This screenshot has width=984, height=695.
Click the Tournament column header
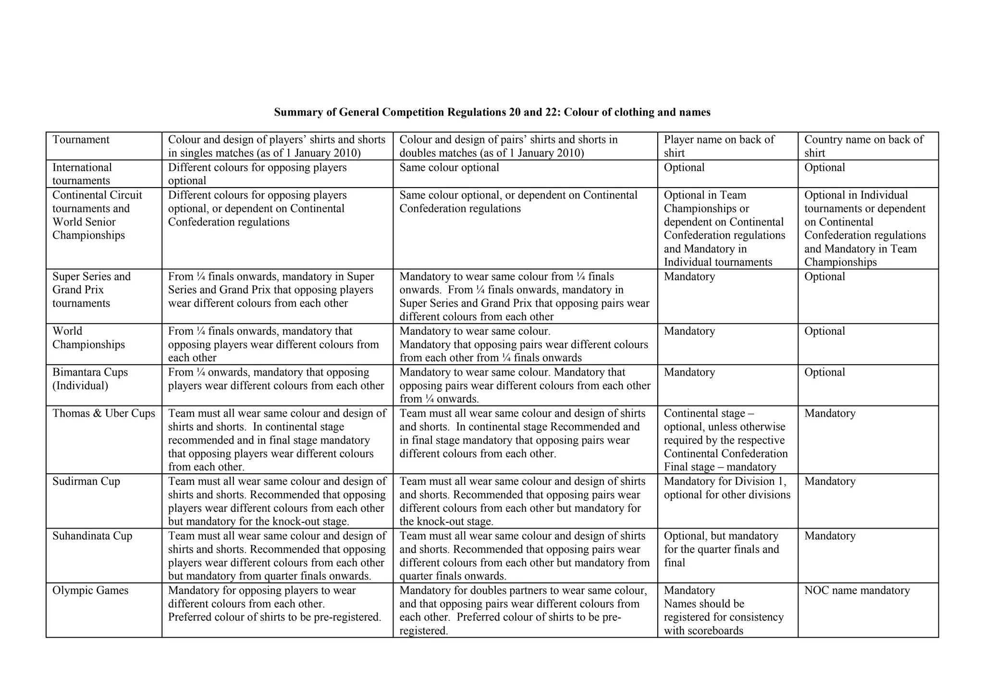[81, 140]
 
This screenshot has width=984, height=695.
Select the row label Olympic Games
[90, 591]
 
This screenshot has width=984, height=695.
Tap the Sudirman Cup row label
[86, 481]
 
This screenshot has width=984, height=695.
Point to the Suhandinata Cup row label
[92, 536]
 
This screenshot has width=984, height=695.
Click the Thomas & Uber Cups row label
[104, 414]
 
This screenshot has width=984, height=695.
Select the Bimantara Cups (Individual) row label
[90, 379]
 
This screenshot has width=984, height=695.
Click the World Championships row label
[88, 338]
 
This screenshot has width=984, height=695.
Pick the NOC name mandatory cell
[857, 591]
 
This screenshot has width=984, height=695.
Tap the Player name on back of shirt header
[719, 146]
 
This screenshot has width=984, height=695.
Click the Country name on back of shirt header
[863, 146]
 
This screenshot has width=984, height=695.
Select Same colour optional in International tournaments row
[449, 168]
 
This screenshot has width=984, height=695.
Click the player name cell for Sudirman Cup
[726, 488]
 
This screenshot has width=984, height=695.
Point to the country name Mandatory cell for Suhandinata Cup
[830, 536]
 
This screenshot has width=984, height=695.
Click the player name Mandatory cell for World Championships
[689, 331]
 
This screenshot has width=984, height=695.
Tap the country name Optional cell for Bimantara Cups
[824, 373]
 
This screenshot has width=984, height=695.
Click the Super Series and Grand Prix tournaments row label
[91, 290]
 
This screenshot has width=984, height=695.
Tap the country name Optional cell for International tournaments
[824, 168]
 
